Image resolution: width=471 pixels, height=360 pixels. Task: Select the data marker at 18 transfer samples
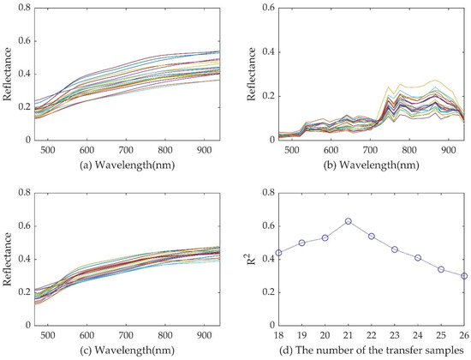[279, 253]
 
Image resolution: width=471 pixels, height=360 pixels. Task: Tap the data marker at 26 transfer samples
[463, 276]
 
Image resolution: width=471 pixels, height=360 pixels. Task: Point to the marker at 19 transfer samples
[302, 243]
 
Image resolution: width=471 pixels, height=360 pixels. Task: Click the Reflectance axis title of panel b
[249, 73]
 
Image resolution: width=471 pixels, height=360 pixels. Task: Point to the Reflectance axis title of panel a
[7, 73]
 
